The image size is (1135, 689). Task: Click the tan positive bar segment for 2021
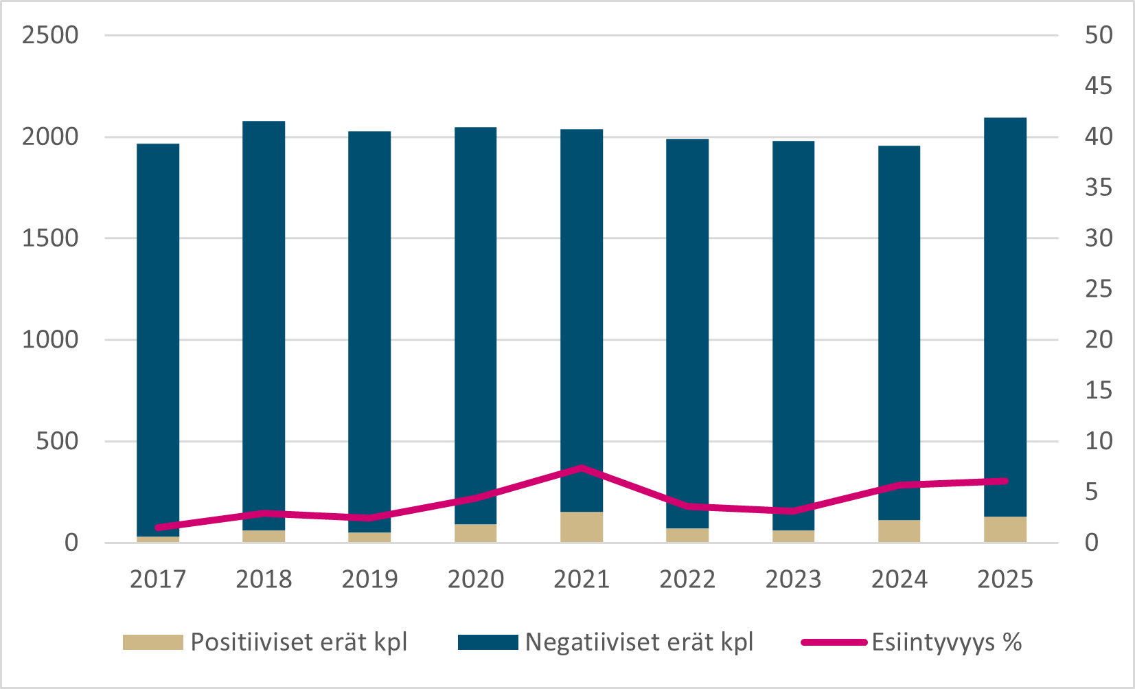coord(582,527)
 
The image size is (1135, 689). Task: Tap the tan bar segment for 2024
coord(899,531)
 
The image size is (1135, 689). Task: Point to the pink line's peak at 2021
coord(582,468)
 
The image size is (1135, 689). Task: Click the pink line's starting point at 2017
coord(159,528)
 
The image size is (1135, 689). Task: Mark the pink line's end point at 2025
coord(1005,481)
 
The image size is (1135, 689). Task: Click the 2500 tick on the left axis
coord(50,35)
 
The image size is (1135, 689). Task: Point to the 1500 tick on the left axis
coord(50,238)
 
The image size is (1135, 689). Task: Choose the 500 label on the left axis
coord(57,441)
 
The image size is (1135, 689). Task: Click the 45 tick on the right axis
coord(1099,86)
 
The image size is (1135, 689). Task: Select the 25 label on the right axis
coord(1099,289)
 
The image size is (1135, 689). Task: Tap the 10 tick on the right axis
coord(1099,441)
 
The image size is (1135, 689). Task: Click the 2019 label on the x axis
coord(370,579)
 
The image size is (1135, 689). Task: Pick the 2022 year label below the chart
coord(687,579)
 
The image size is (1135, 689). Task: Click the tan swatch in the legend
coord(152,642)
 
